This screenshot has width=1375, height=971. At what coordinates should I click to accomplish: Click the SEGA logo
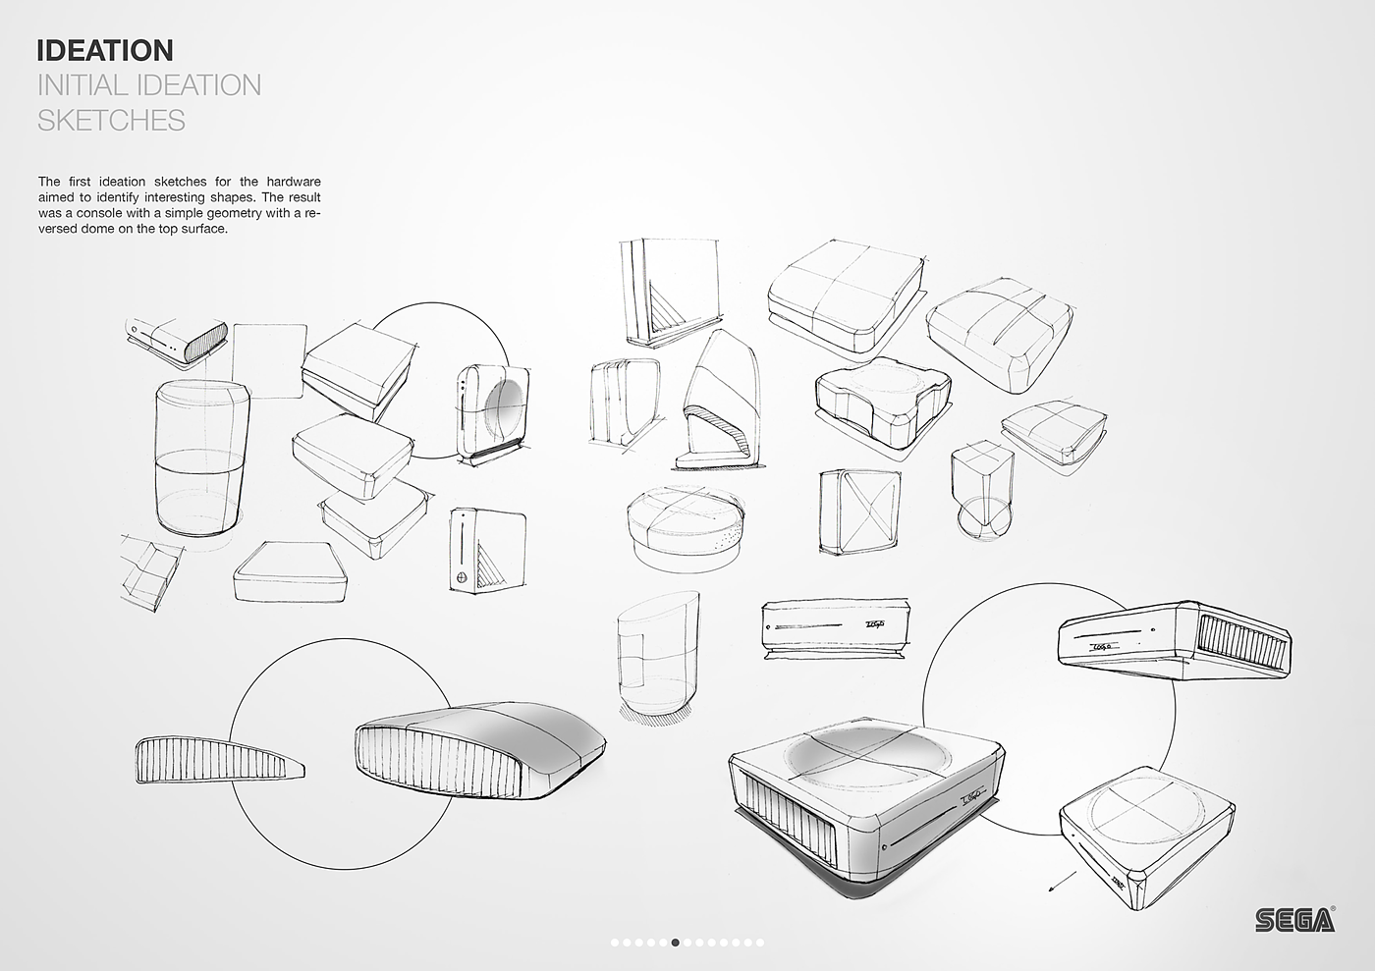point(1294,919)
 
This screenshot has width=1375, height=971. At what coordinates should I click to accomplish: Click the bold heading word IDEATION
point(104,50)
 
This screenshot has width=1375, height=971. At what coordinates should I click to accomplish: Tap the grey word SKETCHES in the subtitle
point(111,120)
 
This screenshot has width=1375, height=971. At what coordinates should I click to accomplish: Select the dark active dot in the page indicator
point(675,943)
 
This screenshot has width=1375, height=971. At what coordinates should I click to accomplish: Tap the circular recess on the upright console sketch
point(508,410)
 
